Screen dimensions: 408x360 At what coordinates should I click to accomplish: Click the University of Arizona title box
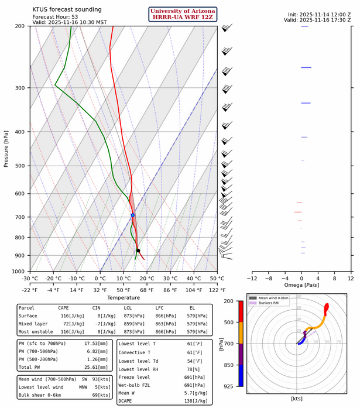pyautogui.click(x=183, y=14)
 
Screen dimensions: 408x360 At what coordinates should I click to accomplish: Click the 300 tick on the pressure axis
pyautogui.click(x=20, y=88)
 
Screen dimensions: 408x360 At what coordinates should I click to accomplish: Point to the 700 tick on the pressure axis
pyautogui.click(x=20, y=217)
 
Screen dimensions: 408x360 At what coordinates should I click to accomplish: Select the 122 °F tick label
pyautogui.click(x=217, y=290)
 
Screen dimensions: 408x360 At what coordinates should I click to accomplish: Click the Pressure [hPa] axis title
pyautogui.click(x=6, y=149)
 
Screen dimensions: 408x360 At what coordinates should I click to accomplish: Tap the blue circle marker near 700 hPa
pyautogui.click(x=133, y=215)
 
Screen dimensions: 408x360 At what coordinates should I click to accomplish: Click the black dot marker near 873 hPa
pyautogui.click(x=138, y=251)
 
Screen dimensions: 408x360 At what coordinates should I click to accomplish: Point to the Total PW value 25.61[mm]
pyautogui.click(x=96, y=367)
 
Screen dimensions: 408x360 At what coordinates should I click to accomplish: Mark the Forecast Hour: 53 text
pyautogui.click(x=52, y=17)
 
